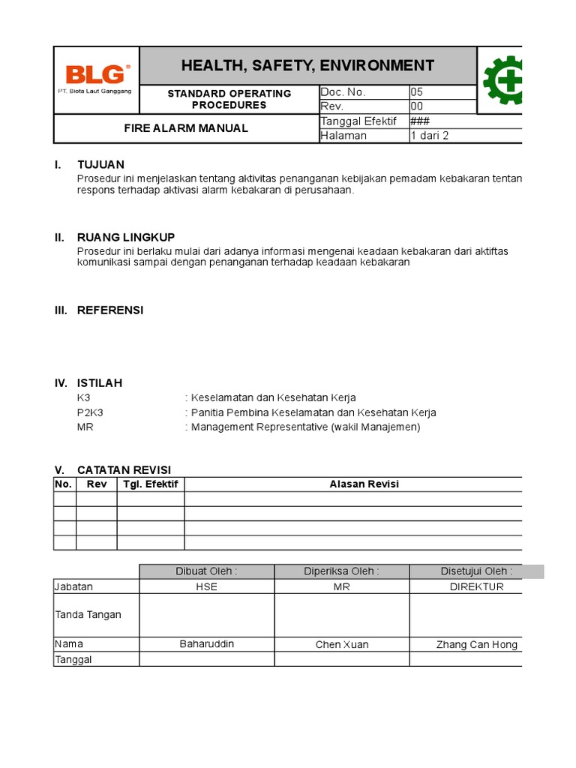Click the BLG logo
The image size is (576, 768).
(95, 75)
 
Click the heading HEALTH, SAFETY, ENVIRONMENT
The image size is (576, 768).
(307, 65)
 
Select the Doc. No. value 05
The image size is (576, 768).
(416, 92)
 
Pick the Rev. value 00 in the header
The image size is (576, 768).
(416, 106)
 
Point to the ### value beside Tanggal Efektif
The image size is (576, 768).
(419, 121)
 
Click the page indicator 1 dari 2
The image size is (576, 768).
(429, 136)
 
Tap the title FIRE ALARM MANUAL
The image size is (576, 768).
(186, 128)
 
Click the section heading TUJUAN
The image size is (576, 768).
(100, 164)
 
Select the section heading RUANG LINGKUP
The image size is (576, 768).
(126, 237)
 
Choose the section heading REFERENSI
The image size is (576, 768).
(110, 310)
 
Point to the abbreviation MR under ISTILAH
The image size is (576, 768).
(85, 427)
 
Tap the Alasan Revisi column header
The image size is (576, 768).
(364, 484)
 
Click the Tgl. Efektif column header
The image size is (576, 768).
(151, 484)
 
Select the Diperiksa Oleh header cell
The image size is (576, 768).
(341, 571)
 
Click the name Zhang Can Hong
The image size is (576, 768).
(476, 645)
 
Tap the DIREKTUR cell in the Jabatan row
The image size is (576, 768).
(476, 586)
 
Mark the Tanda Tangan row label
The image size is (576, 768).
(88, 615)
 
